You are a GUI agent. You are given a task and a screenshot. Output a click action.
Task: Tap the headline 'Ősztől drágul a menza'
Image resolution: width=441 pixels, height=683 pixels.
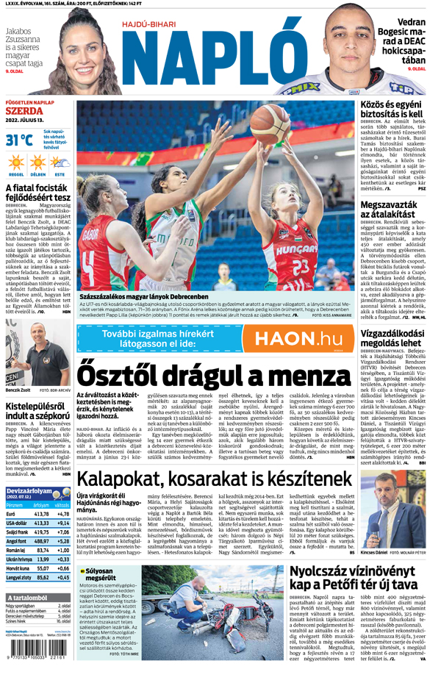tap(211, 385)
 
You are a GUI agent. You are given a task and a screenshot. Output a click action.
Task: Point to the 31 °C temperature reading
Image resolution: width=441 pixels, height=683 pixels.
tap(19, 140)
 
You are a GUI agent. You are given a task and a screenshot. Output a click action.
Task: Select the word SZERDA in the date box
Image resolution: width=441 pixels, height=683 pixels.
tap(24, 111)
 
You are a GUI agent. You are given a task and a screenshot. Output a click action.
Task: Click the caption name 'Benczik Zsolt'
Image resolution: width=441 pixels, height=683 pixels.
tap(18, 390)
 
